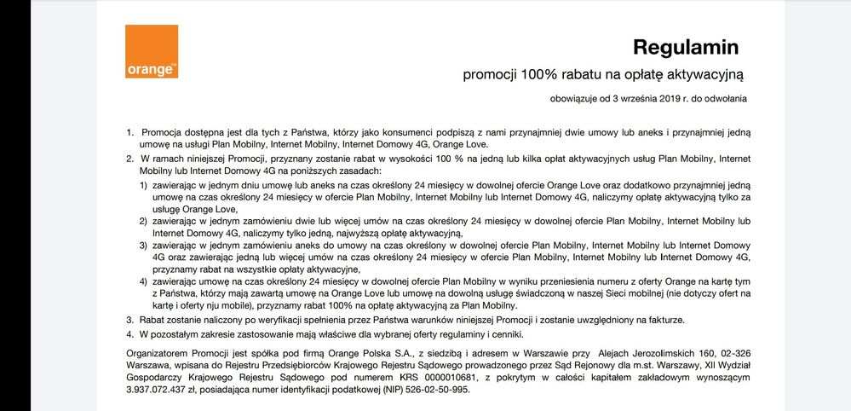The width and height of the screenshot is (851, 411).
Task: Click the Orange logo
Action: (152, 51)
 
